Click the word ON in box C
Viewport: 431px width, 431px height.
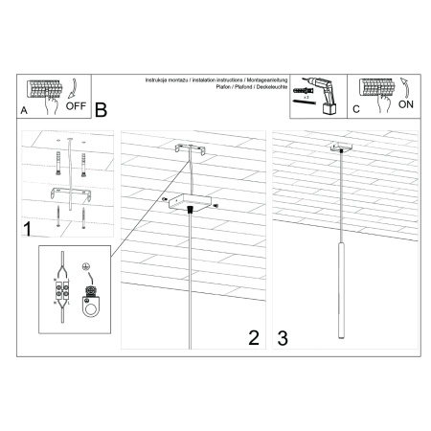406,108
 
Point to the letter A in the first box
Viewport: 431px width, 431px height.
24,112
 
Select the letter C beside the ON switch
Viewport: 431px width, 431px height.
356,112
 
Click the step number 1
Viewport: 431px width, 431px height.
30,228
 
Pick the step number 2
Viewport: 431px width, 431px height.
254,337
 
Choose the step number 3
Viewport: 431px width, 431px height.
282,337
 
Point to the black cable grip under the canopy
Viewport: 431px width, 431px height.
193,210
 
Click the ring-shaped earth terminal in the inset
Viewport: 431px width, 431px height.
93,308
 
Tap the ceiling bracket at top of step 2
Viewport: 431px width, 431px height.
191,151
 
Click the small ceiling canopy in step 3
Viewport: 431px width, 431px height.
337,148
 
